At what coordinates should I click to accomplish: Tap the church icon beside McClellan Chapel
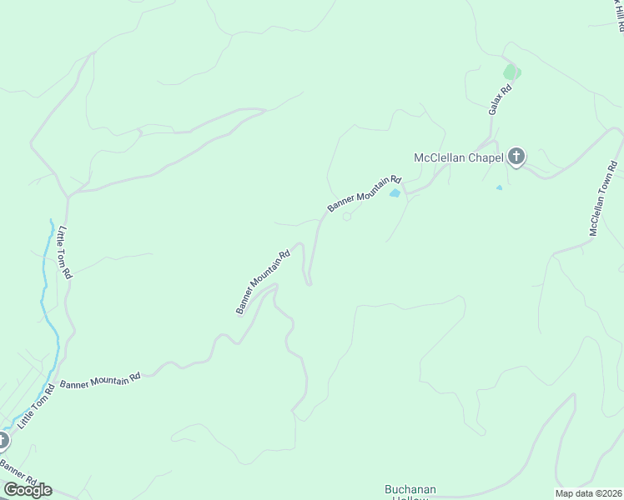click(x=516, y=156)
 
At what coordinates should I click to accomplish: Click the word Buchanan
click(x=410, y=489)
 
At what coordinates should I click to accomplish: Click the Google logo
click(x=28, y=489)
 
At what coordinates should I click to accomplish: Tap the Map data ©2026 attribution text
click(x=589, y=493)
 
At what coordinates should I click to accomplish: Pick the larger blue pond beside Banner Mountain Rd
click(x=395, y=194)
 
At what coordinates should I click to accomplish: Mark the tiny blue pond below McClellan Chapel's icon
click(x=500, y=187)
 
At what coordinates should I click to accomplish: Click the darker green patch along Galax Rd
click(x=511, y=72)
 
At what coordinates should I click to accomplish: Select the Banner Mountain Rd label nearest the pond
click(x=365, y=194)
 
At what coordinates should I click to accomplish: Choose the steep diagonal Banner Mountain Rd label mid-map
click(x=262, y=282)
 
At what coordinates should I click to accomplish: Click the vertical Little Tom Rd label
click(x=64, y=253)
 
